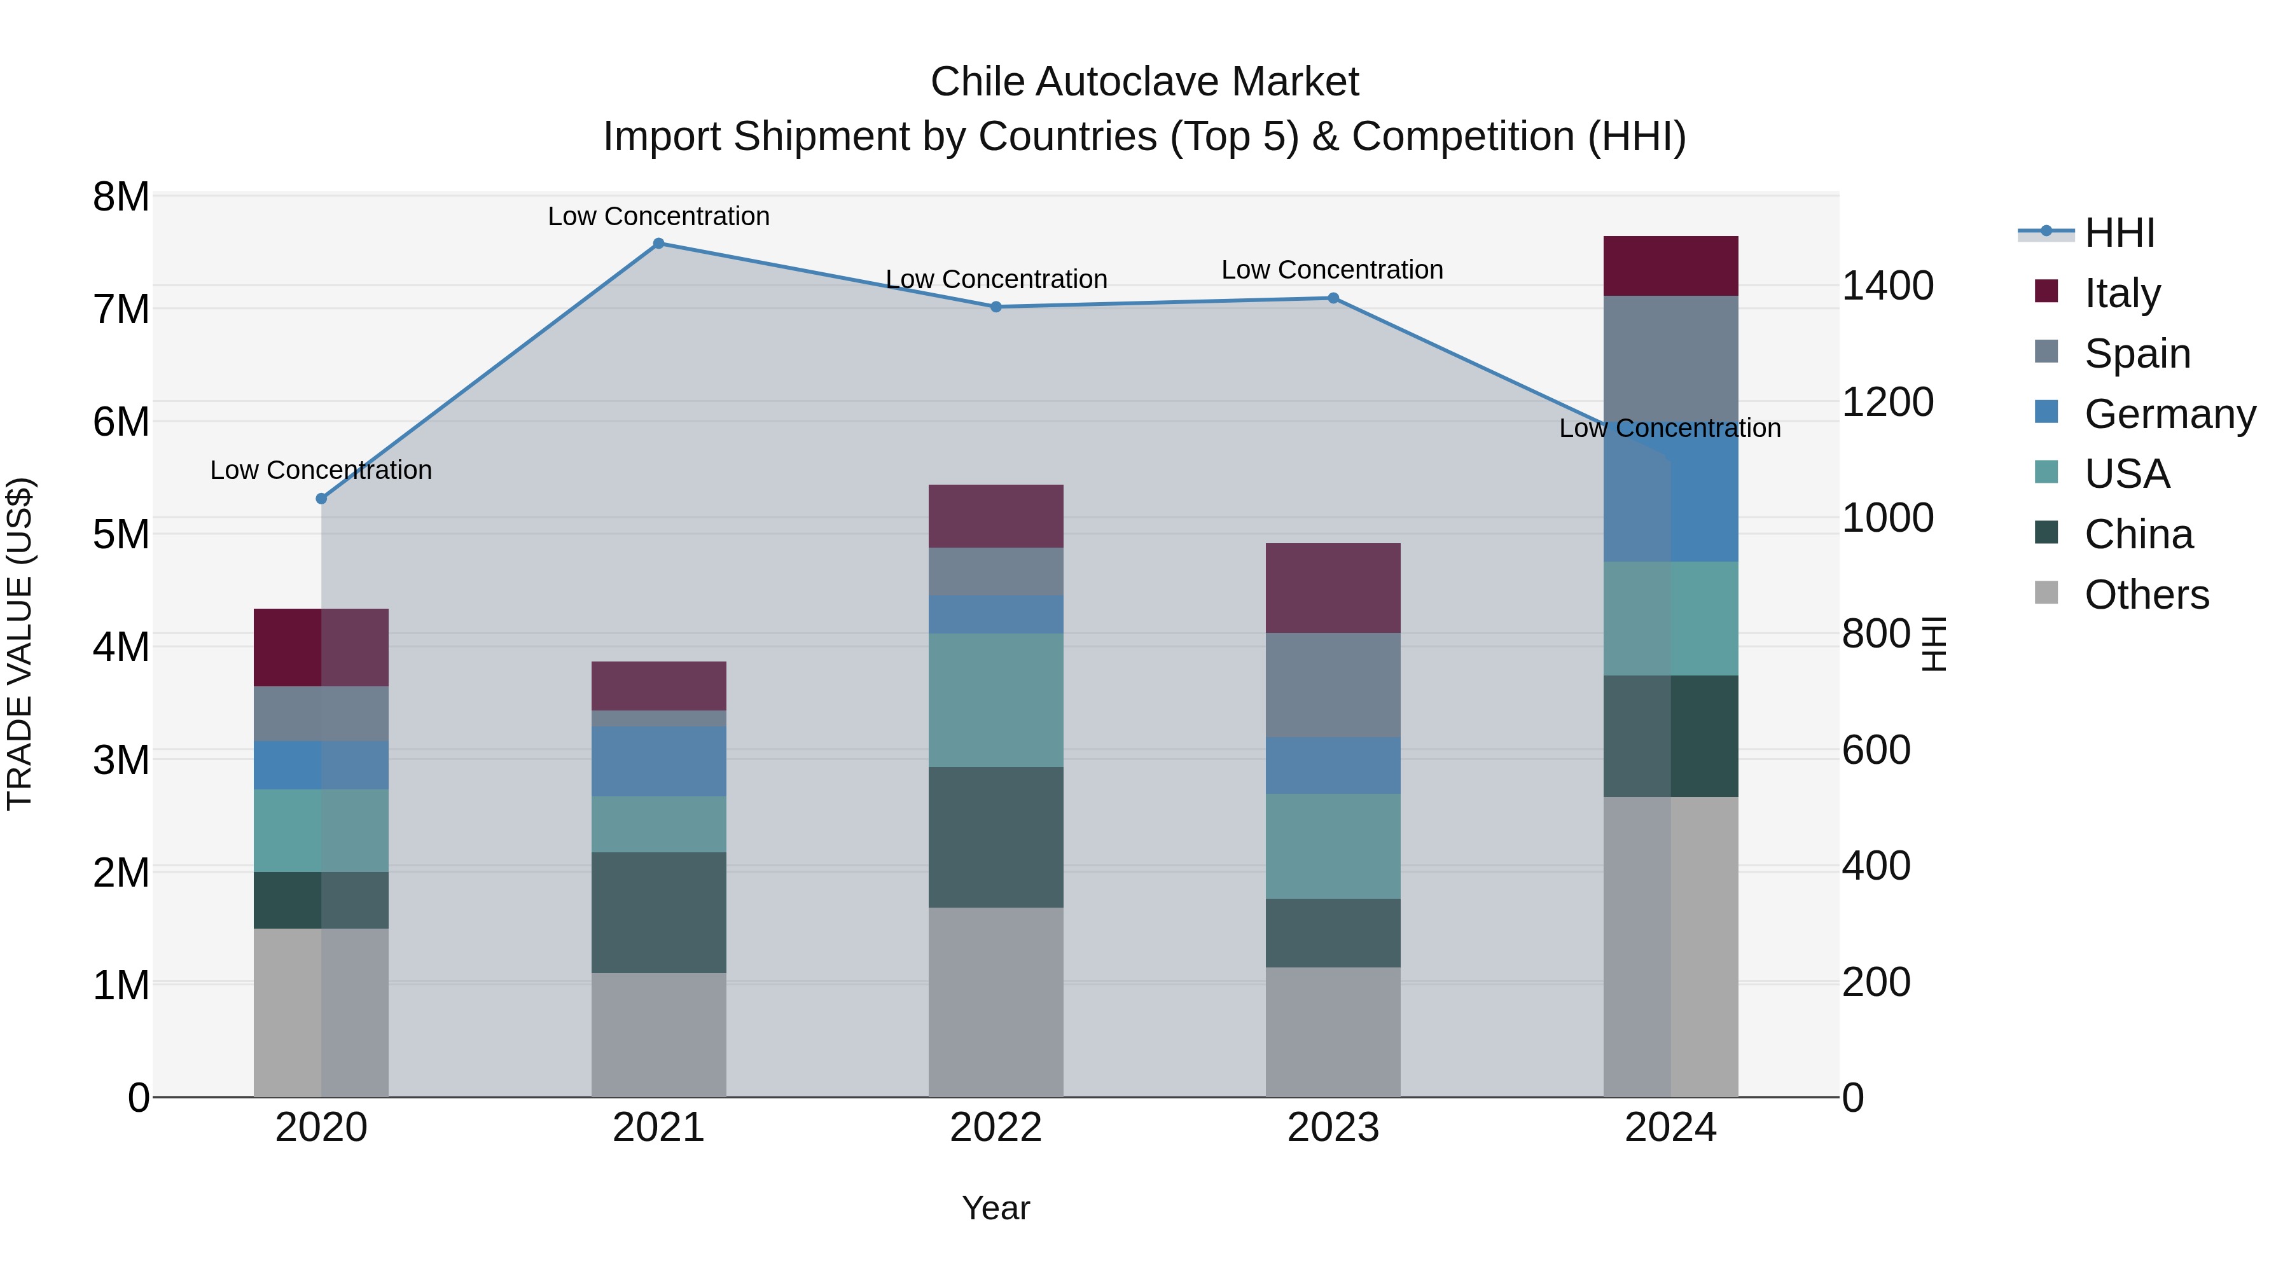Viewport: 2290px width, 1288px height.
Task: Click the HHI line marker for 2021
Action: click(659, 244)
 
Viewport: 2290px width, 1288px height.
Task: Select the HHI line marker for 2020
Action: click(322, 499)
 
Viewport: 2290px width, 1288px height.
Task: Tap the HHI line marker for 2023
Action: click(1333, 299)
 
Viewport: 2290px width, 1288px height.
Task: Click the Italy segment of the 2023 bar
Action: click(1333, 588)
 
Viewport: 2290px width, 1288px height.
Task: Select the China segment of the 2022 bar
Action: click(996, 837)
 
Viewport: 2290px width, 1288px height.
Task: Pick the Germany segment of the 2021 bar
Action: click(659, 762)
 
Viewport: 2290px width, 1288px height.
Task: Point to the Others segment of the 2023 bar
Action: click(1333, 1032)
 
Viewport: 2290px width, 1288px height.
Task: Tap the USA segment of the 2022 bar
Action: click(996, 700)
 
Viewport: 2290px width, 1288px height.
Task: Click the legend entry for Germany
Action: click(2169, 414)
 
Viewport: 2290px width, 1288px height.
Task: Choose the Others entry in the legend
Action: click(2146, 595)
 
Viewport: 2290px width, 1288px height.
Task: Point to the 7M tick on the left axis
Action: click(121, 309)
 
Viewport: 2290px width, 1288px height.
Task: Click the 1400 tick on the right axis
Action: click(1887, 286)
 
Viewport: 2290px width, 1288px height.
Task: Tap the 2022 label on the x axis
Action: click(996, 1128)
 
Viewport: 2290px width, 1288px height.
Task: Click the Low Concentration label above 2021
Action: click(659, 216)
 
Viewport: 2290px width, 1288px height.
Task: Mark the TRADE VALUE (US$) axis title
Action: click(20, 644)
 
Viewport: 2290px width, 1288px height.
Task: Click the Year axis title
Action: click(996, 1208)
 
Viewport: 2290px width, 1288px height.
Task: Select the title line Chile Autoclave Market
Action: click(1144, 82)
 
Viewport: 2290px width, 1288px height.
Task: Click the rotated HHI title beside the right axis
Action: click(1934, 644)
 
